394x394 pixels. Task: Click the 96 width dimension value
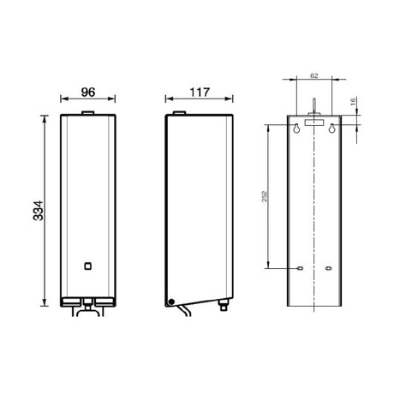pyautogui.click(x=88, y=93)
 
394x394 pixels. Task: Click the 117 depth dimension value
pyautogui.click(x=200, y=93)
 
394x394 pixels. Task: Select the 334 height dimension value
pyautogui.click(x=39, y=211)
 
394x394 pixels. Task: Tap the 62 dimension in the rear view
pyautogui.click(x=314, y=75)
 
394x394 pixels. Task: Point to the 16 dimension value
pyautogui.click(x=353, y=101)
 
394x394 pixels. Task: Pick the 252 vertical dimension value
pyautogui.click(x=265, y=196)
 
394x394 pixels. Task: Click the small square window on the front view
pyautogui.click(x=88, y=266)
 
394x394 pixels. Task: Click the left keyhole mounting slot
pyautogui.click(x=297, y=128)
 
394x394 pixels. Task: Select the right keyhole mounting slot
pyautogui.click(x=331, y=128)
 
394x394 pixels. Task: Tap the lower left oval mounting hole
pyautogui.click(x=300, y=268)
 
